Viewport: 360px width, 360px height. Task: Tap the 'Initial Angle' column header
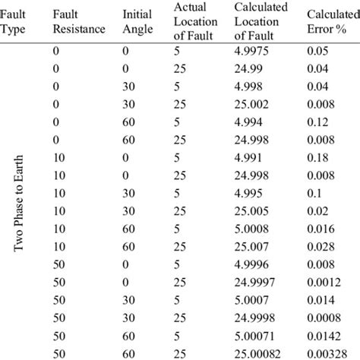click(137, 23)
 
